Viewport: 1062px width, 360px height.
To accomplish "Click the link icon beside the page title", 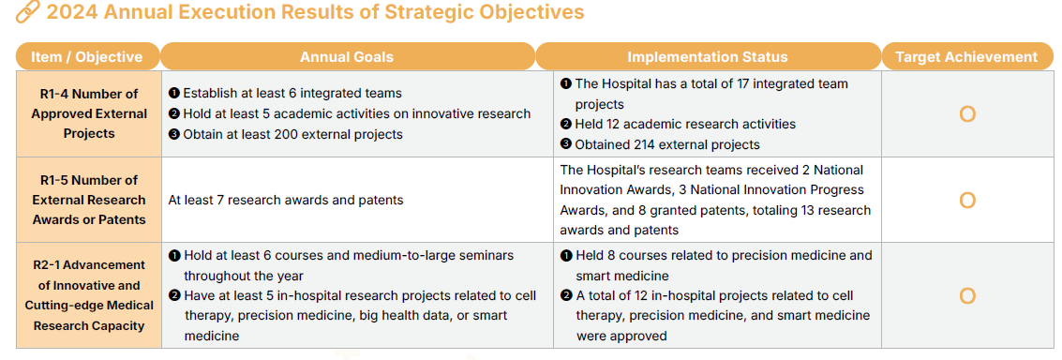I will click(28, 12).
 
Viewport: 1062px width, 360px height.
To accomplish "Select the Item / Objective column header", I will click(87, 56).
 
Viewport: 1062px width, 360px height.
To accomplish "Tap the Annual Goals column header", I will click(347, 56).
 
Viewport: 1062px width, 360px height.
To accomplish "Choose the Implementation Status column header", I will click(707, 56).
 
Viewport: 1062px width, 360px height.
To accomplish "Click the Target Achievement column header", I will click(966, 56).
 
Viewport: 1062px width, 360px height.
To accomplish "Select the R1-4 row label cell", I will click(89, 113).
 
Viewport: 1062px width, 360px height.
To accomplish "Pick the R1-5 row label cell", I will click(89, 200).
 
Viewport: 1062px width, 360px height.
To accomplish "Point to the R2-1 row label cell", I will click(89, 295).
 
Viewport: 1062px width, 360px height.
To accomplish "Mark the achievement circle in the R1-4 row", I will click(967, 114).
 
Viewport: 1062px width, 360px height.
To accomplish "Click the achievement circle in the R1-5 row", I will click(967, 201).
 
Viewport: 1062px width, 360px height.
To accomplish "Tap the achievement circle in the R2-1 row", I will click(967, 296).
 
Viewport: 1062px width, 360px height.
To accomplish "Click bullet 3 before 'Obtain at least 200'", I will click(173, 134).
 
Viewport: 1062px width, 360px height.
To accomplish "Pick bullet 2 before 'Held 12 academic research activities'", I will click(565, 124).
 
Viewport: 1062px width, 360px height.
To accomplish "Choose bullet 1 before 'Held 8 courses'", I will click(565, 255).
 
